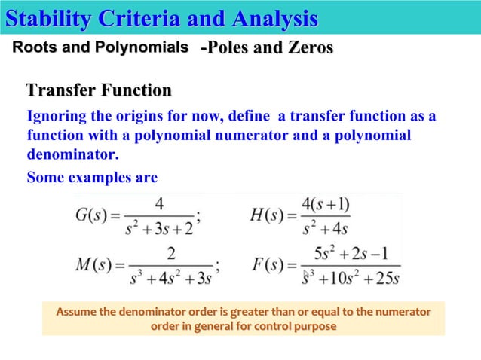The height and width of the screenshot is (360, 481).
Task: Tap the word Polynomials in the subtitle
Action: [x=143, y=48]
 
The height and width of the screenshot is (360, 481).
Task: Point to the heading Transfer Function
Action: [x=99, y=92]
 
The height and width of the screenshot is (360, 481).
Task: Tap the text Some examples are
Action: [x=92, y=178]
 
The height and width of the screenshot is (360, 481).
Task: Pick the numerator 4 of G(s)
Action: [x=160, y=203]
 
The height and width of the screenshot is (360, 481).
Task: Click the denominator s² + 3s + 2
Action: [x=159, y=227]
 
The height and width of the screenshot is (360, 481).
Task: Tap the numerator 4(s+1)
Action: [x=326, y=204]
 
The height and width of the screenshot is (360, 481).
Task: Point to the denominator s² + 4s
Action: [x=325, y=227]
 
